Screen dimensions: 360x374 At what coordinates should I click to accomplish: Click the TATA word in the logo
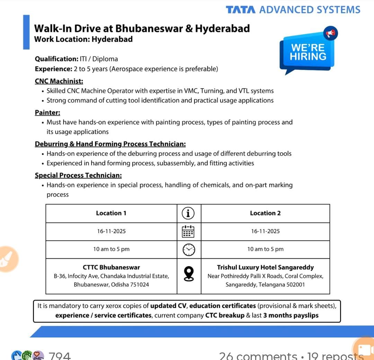[241, 10]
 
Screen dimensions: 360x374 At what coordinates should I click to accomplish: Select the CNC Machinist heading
[59, 81]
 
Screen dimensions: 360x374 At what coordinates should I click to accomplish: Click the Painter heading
[47, 112]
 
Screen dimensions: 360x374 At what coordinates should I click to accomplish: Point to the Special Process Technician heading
[78, 175]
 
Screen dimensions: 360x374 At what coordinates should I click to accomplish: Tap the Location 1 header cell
[111, 213]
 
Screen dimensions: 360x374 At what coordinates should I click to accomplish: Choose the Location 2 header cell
[265, 213]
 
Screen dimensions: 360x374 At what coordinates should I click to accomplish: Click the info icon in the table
[188, 213]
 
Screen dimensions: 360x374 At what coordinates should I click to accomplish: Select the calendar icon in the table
[188, 231]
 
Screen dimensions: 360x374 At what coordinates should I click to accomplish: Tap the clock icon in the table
[188, 249]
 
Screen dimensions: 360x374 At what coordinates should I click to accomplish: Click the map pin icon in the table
[188, 274]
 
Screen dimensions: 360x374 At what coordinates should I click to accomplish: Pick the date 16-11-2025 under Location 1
[111, 231]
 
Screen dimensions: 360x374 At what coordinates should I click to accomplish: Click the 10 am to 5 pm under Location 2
[265, 249]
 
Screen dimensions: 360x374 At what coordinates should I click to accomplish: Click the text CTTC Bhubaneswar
[111, 267]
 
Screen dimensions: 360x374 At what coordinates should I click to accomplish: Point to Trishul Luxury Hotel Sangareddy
[265, 267]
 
